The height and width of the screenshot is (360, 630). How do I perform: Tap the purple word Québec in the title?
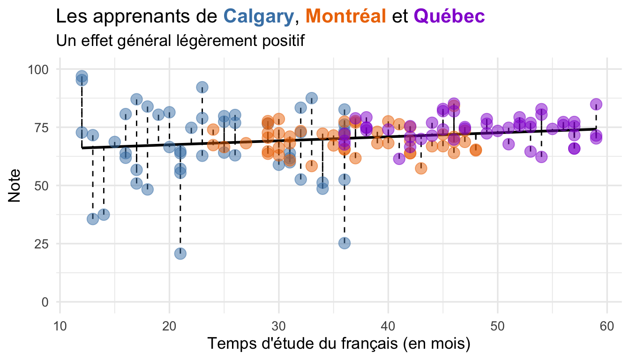pos(449,16)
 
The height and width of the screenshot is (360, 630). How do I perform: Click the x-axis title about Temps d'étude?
pos(338,344)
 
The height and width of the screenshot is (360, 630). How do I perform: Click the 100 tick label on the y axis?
pos(39,69)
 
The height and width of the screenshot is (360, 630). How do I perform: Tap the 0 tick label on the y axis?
pos(45,302)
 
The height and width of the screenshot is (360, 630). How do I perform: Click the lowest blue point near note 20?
pos(180,254)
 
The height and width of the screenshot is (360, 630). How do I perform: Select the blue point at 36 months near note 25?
pos(345,243)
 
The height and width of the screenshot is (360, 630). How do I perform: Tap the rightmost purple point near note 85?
pos(596,104)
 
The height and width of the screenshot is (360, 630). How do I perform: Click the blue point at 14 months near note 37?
pos(104,215)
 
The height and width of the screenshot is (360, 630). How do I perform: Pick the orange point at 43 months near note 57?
pos(421,168)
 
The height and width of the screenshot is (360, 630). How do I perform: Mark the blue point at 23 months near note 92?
pos(202,87)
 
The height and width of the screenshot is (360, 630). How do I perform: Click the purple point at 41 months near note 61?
pos(399,159)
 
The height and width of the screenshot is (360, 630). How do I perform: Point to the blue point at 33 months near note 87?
pos(312,98)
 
